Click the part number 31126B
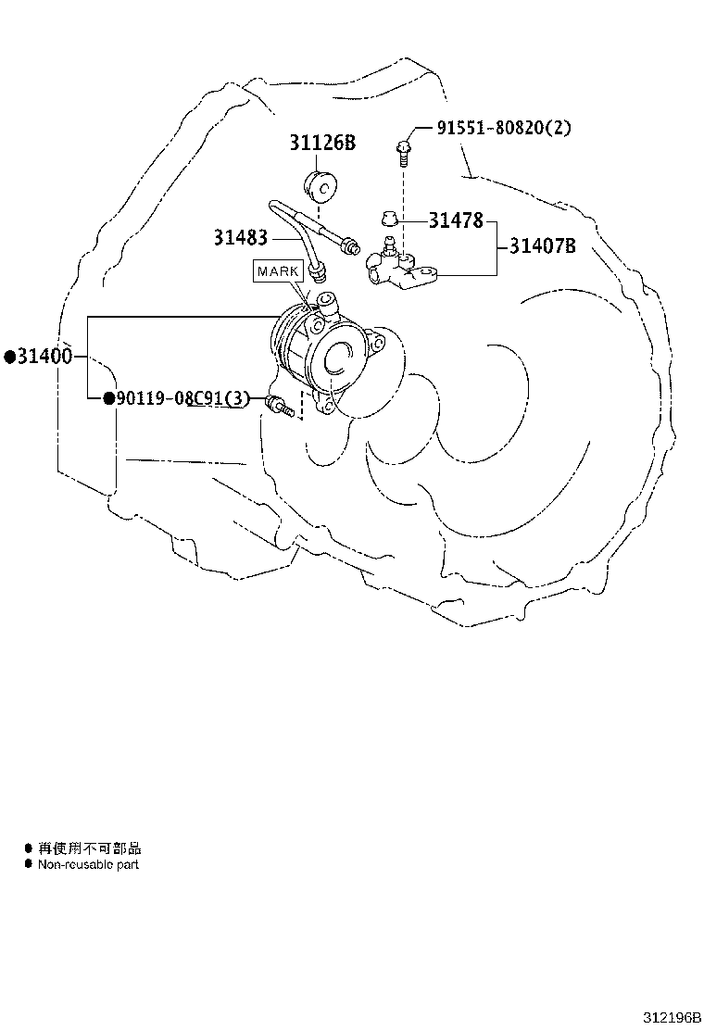(322, 143)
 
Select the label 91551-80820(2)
(504, 128)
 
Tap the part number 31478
(456, 220)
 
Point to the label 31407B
(543, 245)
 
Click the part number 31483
(240, 237)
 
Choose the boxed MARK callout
(278, 271)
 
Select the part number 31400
(44, 357)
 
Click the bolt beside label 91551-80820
(403, 153)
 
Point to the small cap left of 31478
(390, 218)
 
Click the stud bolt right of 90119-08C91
(279, 406)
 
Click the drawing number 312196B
(672, 1018)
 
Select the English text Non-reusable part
(88, 864)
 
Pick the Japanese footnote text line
(89, 848)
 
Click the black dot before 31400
(10, 357)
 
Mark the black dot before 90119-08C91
(109, 398)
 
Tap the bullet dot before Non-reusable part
(28, 864)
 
